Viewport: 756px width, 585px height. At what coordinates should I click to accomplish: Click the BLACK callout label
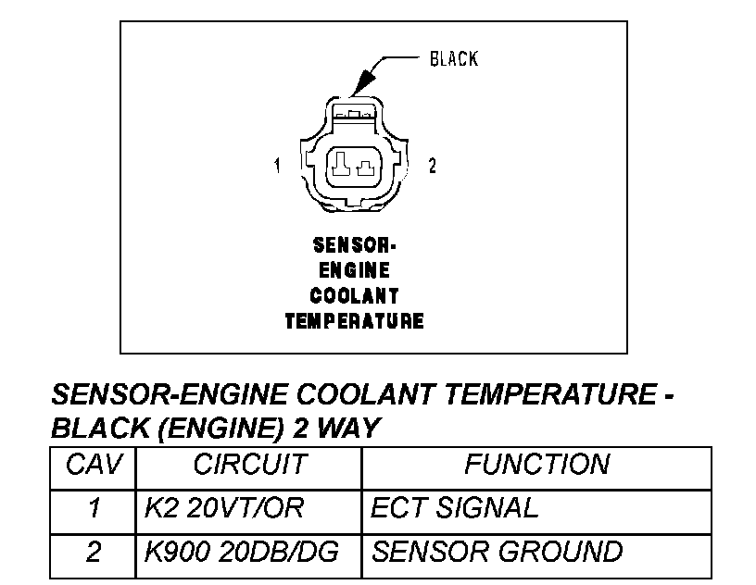point(453,59)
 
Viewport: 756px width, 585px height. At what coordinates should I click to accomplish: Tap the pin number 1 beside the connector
point(276,167)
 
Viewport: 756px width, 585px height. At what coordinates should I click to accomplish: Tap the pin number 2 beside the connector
point(432,167)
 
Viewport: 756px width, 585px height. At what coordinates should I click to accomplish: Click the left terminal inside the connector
point(341,167)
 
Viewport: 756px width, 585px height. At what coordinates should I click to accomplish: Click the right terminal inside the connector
point(366,168)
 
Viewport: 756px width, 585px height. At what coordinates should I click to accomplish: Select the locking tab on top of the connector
point(354,111)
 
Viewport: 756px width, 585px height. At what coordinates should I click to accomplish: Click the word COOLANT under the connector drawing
point(354,296)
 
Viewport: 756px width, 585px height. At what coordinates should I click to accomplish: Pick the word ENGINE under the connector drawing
point(354,271)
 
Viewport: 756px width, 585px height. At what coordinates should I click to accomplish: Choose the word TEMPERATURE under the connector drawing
point(354,321)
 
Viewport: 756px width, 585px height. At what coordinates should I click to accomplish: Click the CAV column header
point(93,465)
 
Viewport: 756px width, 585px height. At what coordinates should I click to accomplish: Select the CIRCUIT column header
point(248,465)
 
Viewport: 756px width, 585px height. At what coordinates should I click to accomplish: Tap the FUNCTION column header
point(536,465)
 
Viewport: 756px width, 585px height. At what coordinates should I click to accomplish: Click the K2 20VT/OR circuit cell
point(224,508)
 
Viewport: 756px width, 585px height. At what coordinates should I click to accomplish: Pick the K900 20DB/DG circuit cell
point(242,553)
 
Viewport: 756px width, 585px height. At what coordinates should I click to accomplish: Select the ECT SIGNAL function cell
point(454,508)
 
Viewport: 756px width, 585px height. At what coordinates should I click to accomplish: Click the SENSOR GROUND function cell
point(497,553)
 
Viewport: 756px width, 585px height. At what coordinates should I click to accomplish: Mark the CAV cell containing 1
point(93,508)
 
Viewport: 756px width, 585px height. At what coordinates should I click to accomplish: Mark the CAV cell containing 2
point(93,553)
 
